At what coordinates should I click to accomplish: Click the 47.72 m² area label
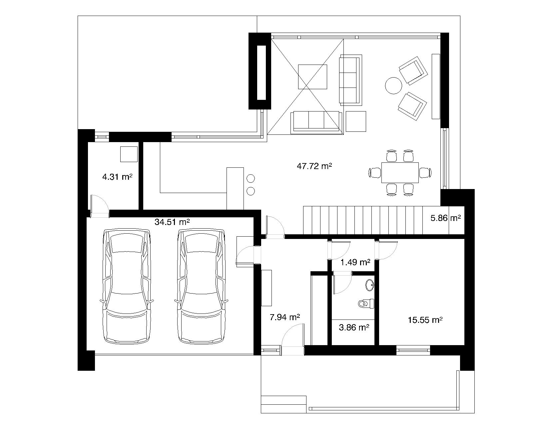click(314, 166)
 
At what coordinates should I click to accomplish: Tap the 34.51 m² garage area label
click(172, 222)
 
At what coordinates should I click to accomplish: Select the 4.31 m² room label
click(117, 177)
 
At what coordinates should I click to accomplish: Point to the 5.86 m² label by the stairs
click(446, 218)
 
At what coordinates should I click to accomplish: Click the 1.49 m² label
click(355, 262)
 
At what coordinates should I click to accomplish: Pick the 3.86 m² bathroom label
click(354, 327)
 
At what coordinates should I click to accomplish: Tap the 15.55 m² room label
click(425, 320)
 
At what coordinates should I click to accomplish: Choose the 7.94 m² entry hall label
click(285, 317)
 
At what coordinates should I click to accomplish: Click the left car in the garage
click(127, 286)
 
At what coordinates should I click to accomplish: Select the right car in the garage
click(201, 286)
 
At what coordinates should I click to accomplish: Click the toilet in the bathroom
click(366, 304)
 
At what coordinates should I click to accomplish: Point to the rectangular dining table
click(400, 172)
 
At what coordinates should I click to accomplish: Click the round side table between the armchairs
click(393, 86)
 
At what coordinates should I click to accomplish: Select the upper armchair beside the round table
click(413, 71)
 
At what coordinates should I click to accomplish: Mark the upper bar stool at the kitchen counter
click(251, 178)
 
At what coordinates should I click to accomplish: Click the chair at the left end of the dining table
click(375, 172)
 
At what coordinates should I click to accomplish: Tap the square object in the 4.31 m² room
click(129, 154)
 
